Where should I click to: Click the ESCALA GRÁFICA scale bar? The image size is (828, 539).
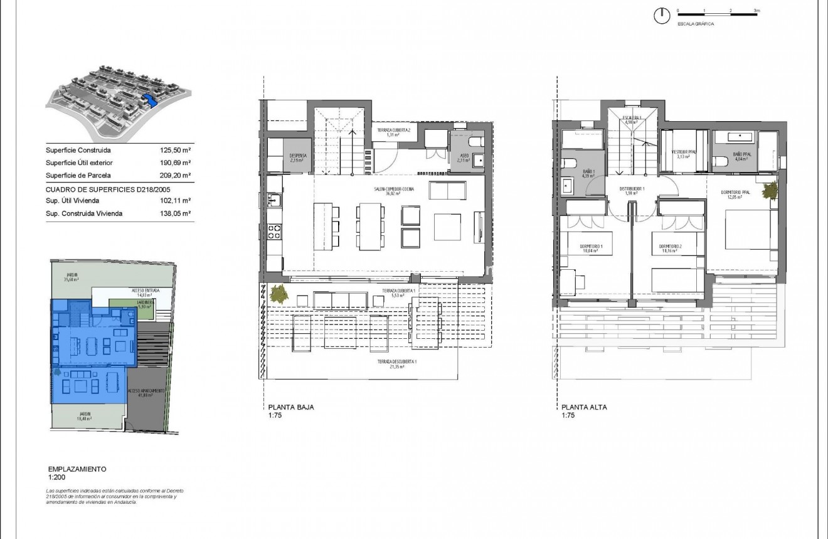(717, 13)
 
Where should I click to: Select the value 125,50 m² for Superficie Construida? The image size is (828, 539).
(176, 151)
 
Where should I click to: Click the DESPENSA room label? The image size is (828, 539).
(297, 154)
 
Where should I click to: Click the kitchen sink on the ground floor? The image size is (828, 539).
(275, 201)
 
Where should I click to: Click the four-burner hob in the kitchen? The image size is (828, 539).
(275, 232)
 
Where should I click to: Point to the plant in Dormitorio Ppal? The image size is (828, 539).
(769, 189)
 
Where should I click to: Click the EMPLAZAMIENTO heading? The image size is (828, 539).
(77, 469)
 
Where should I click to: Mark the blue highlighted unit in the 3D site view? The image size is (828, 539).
(149, 99)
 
